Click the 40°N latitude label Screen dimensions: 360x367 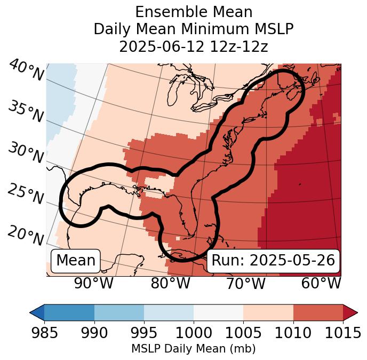[26, 71]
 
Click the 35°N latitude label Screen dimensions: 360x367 [26, 112]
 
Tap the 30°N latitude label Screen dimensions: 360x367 [26, 153]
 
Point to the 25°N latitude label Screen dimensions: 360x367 [26, 194]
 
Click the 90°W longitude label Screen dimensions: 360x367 [94, 283]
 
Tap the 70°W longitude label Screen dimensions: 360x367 [246, 283]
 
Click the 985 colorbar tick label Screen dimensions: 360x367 [44, 333]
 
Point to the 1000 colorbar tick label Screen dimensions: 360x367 [194, 333]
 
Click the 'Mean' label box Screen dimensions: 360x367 [76, 261]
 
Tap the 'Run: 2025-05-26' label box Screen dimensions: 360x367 [273, 261]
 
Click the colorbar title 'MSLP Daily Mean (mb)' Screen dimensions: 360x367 [193, 349]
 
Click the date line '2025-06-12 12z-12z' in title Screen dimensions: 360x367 [193, 46]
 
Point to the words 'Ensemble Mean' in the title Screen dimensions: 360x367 [193, 12]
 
